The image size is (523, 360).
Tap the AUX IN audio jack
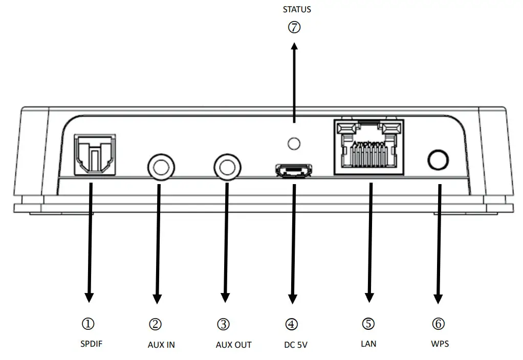pyautogui.click(x=160, y=167)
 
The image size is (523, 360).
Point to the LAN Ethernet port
pyautogui.click(x=368, y=148)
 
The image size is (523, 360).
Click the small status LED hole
pyautogui.click(x=294, y=144)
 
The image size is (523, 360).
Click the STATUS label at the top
pyautogui.click(x=297, y=9)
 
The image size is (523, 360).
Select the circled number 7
pyautogui.click(x=294, y=28)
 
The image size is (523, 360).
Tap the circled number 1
pyautogui.click(x=88, y=324)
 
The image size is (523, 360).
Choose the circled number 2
pyautogui.click(x=156, y=324)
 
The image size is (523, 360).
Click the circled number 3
pyautogui.click(x=223, y=324)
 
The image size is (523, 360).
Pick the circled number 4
pyautogui.click(x=291, y=324)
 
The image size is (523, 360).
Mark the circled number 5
pyautogui.click(x=368, y=324)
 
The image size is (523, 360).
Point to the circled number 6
pyautogui.click(x=439, y=324)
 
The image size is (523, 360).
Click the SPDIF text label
pyautogui.click(x=92, y=344)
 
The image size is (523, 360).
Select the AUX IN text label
pyautogui.click(x=161, y=345)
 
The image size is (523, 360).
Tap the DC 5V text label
pyautogui.click(x=296, y=345)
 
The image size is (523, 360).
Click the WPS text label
pyautogui.click(x=440, y=344)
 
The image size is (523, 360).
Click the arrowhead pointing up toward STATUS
pyautogui.click(x=294, y=48)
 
